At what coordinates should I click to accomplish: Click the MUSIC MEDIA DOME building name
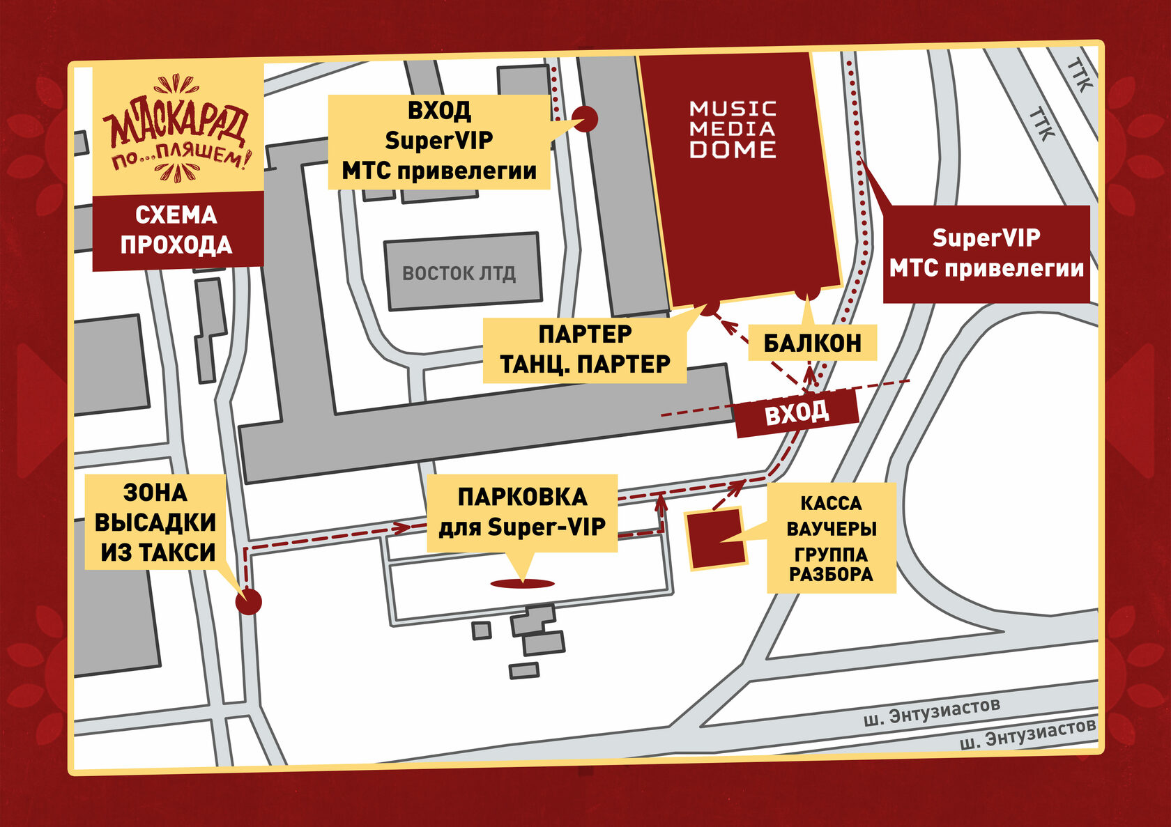[x=732, y=130]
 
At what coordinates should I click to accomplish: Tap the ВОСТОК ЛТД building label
[x=459, y=273]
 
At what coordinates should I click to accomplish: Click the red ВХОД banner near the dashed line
[x=797, y=413]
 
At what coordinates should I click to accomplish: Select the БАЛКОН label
[x=812, y=343]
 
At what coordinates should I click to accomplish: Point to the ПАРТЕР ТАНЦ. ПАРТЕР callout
[x=585, y=350]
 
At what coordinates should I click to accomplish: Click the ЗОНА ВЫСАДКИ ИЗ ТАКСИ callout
[x=155, y=523]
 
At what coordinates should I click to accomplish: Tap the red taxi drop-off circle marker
[x=248, y=602]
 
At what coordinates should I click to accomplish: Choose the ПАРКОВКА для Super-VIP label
[x=522, y=513]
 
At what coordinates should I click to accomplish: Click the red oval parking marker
[x=522, y=584]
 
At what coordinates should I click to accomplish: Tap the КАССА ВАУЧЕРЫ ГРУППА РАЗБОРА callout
[x=831, y=539]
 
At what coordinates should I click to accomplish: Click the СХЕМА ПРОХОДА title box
[x=177, y=231]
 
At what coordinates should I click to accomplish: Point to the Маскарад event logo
[x=177, y=130]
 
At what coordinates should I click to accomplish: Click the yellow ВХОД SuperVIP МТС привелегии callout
[x=439, y=141]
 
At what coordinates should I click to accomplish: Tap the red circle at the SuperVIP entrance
[x=585, y=119]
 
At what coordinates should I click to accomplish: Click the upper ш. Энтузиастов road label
[x=932, y=711]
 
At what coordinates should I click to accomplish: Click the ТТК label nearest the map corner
[x=1079, y=75]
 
